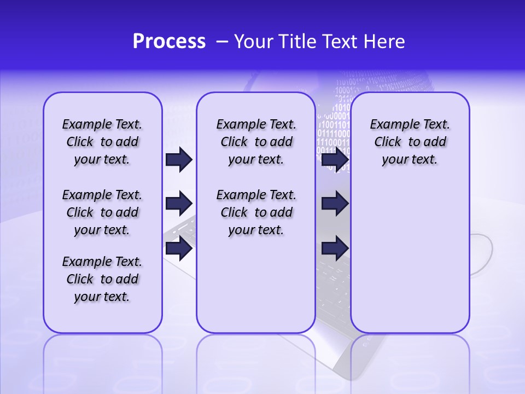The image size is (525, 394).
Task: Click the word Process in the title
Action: pyautogui.click(x=169, y=42)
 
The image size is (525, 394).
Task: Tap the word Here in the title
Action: pyautogui.click(x=386, y=42)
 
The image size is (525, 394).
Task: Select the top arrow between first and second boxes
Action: pyautogui.click(x=179, y=159)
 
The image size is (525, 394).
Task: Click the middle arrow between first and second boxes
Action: pyautogui.click(x=179, y=204)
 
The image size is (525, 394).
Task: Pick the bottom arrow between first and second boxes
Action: pyautogui.click(x=179, y=248)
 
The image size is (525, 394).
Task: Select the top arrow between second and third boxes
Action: pyautogui.click(x=335, y=159)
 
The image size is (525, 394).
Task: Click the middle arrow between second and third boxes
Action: pyautogui.click(x=335, y=204)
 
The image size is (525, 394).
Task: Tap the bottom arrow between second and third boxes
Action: pyautogui.click(x=335, y=248)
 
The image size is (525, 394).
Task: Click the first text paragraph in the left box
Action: pyautogui.click(x=102, y=142)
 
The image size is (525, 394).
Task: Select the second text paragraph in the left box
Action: pyautogui.click(x=102, y=212)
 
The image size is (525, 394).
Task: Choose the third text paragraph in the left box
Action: pyautogui.click(x=102, y=279)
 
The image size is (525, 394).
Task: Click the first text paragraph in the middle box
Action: pyautogui.click(x=256, y=142)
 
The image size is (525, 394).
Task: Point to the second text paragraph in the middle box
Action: pyautogui.click(x=256, y=212)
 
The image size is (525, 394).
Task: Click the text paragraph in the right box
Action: pyautogui.click(x=410, y=142)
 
